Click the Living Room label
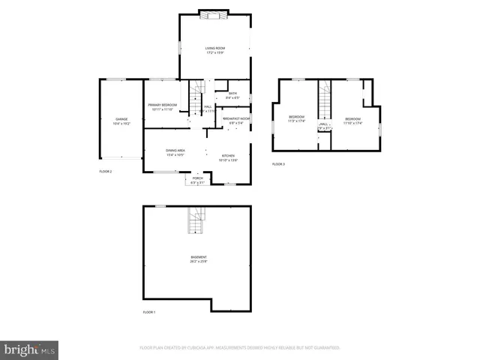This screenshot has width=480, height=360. point(216,50)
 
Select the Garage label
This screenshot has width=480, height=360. point(121,121)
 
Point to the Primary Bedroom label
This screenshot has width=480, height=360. point(163,107)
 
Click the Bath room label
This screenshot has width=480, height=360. point(232,95)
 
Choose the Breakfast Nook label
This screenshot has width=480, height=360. point(235,121)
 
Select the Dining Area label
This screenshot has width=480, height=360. point(175,152)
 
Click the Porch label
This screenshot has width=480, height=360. point(197,180)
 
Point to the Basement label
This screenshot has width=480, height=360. point(198,259)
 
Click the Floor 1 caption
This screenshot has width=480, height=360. point(149,312)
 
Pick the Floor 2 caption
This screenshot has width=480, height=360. point(106,172)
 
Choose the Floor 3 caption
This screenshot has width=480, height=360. point(278,164)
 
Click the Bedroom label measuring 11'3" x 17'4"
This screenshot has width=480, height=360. point(297,119)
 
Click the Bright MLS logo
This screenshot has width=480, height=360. point(30,349)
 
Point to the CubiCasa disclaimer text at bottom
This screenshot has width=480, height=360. point(240,348)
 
